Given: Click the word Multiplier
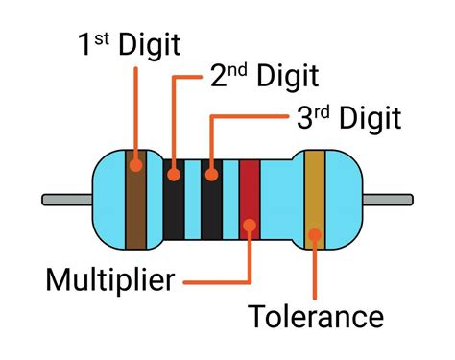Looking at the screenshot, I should [x=110, y=281].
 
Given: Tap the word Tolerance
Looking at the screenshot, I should [x=316, y=316].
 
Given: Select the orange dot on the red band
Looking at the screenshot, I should [x=250, y=227].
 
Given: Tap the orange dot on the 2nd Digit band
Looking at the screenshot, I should [x=174, y=176].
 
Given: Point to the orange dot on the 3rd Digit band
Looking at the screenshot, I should [x=210, y=176].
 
